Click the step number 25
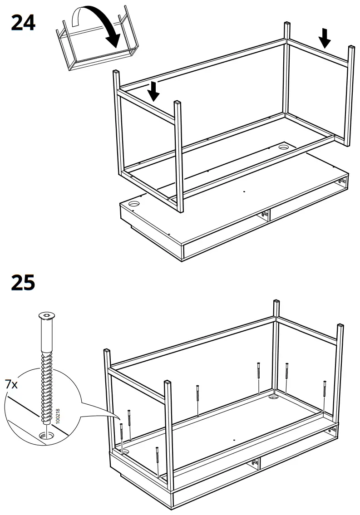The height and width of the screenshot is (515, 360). [x=23, y=283]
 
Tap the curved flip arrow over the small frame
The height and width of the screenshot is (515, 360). [x=98, y=23]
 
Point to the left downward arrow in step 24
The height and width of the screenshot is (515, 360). [x=154, y=91]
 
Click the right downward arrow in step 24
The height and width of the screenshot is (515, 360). [x=324, y=37]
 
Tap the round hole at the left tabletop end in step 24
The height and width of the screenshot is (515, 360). [x=134, y=204]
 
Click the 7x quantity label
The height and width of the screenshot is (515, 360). [x=11, y=385]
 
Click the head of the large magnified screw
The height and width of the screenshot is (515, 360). [x=45, y=316]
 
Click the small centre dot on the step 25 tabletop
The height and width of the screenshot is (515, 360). [x=233, y=440]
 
